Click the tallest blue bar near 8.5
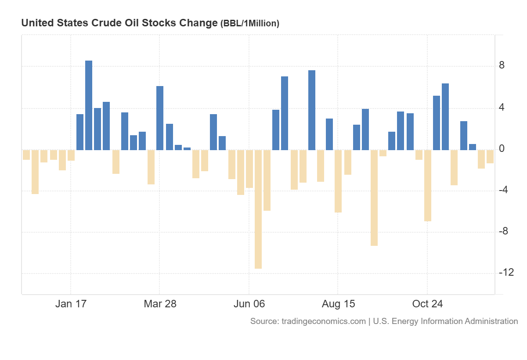tap(89, 105)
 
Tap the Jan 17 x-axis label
tap(71, 304)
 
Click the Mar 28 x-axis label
tap(160, 304)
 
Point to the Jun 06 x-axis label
tap(249, 304)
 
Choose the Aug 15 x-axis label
tap(338, 304)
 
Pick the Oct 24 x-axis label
tap(427, 304)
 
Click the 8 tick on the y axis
tap(502, 66)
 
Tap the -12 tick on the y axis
tap(506, 273)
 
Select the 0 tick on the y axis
tap(502, 149)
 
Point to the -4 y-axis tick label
tap(504, 190)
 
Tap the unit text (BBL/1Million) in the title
tap(249, 24)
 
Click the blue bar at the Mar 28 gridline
tap(160, 118)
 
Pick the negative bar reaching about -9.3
tap(374, 198)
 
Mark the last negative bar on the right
tap(490, 157)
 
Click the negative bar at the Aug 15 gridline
tap(338, 181)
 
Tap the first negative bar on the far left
tap(26, 155)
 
